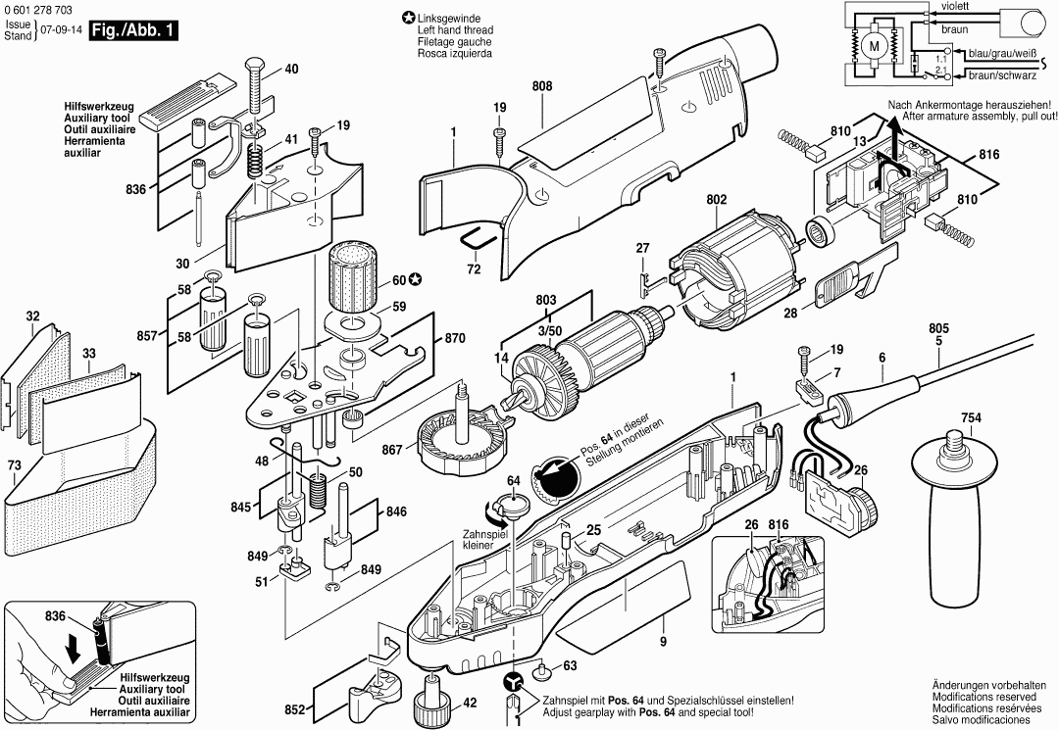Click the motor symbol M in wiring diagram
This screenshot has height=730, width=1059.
coord(872,46)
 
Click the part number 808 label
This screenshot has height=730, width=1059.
coord(542,86)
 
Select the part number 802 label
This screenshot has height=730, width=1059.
coord(717,200)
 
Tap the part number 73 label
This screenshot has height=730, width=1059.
coord(14,464)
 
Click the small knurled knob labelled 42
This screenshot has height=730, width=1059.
coord(430,700)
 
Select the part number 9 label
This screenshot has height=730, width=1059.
coord(663,642)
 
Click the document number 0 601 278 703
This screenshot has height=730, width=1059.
coord(40,9)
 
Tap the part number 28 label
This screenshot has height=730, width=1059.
coord(791,316)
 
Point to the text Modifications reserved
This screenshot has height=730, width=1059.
coord(985,695)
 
